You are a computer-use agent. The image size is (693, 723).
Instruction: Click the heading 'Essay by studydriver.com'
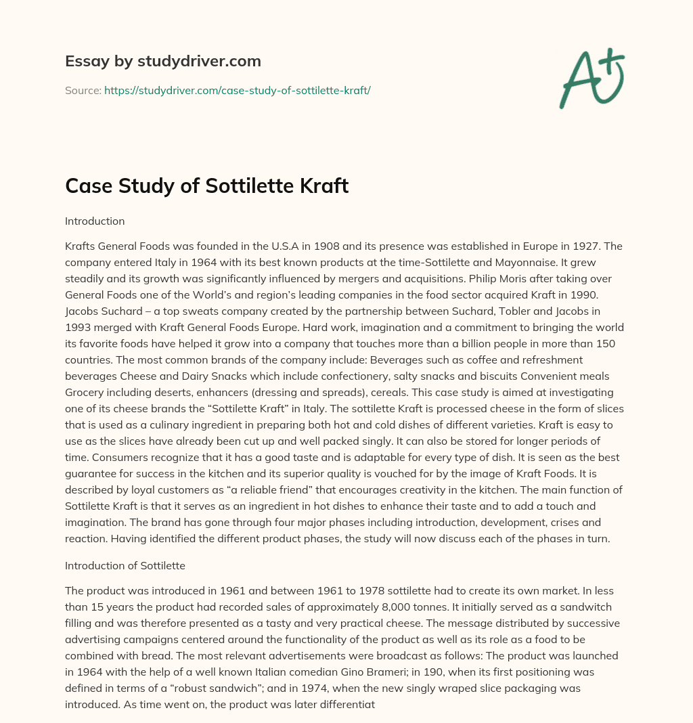[x=163, y=62]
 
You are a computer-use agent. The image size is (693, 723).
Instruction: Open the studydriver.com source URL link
[x=237, y=90]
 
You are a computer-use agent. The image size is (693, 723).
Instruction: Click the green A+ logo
[x=591, y=79]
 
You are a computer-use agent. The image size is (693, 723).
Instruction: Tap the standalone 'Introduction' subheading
[x=95, y=221]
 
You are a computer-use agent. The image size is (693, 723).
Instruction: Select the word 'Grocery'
[x=83, y=393]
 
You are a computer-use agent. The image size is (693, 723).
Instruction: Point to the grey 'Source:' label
[x=83, y=90]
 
